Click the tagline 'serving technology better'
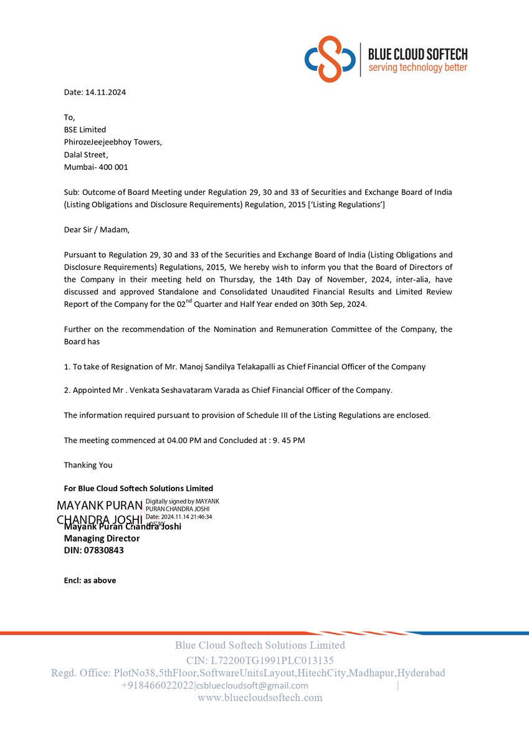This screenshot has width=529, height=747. coord(417,67)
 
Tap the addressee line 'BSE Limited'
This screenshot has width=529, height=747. coord(85,129)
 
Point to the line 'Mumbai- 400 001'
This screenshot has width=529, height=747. coord(96,167)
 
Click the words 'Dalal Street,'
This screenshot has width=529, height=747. coord(86,154)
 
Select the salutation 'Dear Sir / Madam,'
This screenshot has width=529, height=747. coord(97,229)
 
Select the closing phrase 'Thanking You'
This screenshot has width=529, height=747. coord(88,465)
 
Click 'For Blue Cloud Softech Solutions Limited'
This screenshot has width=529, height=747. coord(138,489)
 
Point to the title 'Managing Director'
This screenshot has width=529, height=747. coord(102,538)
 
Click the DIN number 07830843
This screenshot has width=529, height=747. coord(103,550)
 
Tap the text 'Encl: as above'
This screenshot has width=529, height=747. coord(90,580)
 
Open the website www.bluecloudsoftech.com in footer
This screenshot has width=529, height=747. coord(260,698)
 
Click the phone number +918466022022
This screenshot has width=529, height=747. coord(158,685)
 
